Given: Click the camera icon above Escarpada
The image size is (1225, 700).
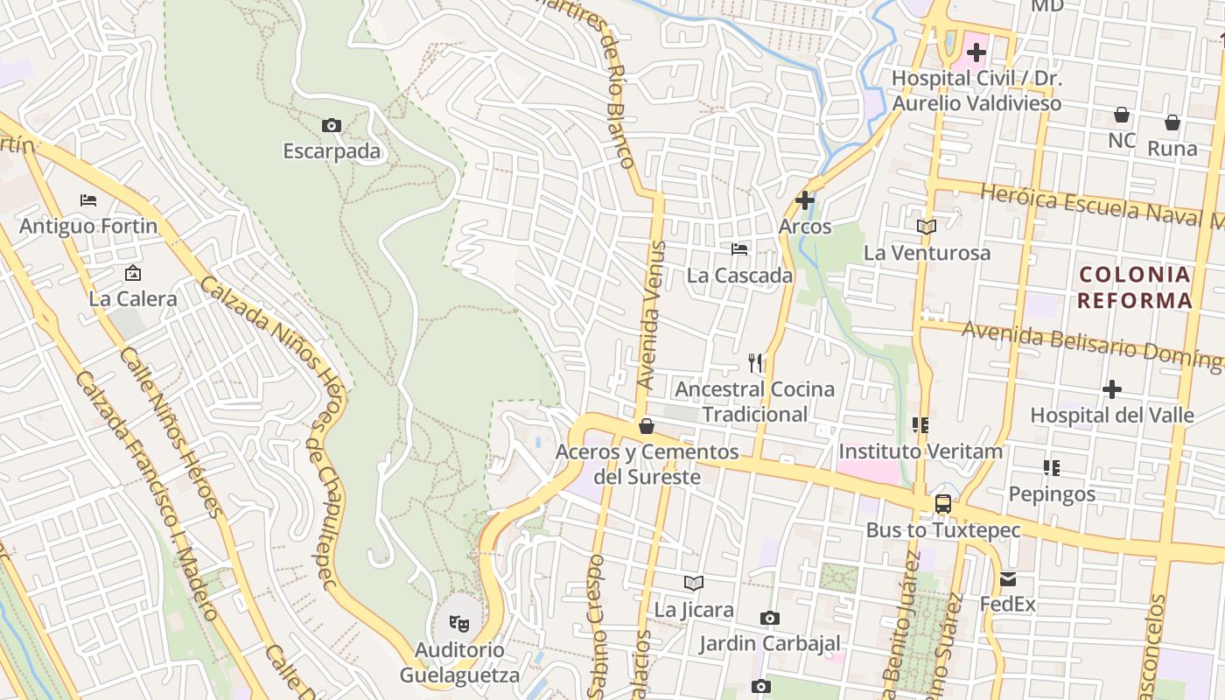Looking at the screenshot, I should coord(332,125).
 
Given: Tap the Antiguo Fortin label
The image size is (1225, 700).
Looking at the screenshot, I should coord(88,226).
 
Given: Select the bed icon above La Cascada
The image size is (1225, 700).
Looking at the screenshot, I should coord(739,249).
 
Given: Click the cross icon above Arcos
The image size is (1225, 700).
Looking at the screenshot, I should coord(805,200).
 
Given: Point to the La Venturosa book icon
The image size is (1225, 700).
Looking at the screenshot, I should coord(927,227).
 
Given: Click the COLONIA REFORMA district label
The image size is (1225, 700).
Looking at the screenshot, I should coord(1135,288).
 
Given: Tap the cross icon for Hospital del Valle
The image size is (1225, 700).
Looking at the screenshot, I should coord(1112,388).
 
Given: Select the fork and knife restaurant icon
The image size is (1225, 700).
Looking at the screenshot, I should coord(756,362).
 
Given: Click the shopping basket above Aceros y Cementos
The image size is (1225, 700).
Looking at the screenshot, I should coord(647,426).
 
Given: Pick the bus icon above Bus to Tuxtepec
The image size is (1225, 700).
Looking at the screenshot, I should coord(943,504).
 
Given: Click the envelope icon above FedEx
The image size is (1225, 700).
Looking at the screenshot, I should coord(1008,578).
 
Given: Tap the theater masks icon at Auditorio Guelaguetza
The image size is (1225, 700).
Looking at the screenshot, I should coord(459,624).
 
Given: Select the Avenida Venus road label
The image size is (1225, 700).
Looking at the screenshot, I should coord(652,315).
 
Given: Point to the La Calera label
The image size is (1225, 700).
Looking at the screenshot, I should coord(133,298).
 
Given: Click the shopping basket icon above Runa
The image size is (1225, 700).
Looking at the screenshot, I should coord(1172,122).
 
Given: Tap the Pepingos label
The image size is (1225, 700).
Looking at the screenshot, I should coord(1052,493).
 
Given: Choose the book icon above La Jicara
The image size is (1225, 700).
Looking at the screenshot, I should coord(694,583).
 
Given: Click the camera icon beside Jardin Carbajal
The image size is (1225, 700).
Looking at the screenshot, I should coord(770,619).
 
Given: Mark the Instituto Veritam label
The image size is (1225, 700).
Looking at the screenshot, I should coord(920,451).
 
